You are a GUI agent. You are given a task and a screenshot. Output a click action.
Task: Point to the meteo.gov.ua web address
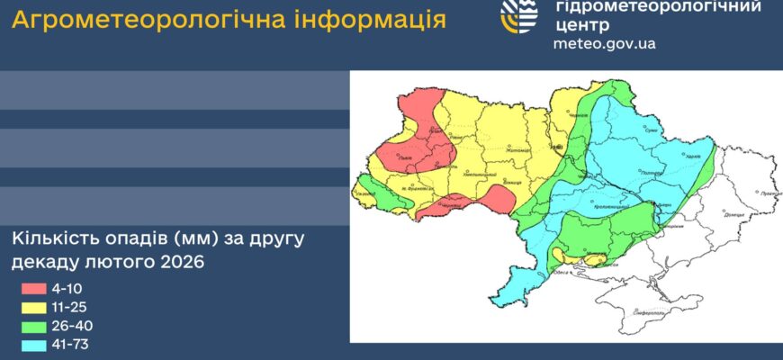coord(604,43)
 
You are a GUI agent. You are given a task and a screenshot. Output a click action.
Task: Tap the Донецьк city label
coord(735,216)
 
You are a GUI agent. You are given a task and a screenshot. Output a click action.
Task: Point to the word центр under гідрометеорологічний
coord(583,25)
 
